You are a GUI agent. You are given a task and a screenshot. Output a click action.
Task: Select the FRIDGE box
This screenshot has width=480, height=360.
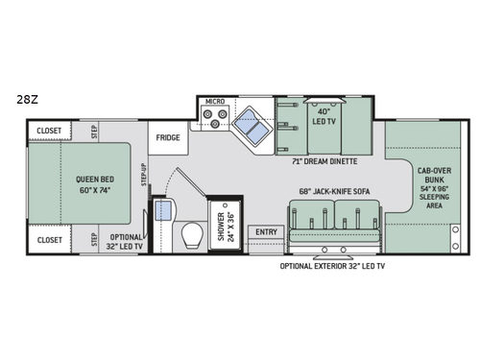(168, 138)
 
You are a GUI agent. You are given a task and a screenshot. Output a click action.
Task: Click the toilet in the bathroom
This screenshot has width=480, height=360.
(192, 233)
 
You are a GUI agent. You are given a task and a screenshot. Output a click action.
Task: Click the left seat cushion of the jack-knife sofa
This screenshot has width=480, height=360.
(310, 230)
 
